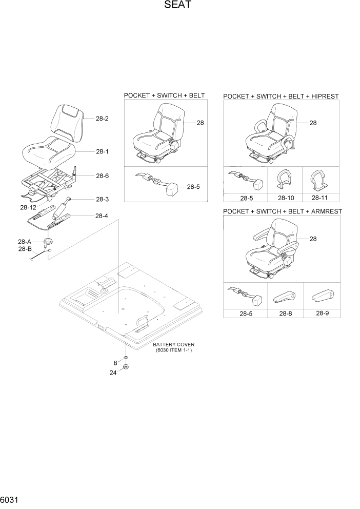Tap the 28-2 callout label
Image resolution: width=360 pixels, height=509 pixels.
pos(102,118)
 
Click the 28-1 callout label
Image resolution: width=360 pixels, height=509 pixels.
pos(102,152)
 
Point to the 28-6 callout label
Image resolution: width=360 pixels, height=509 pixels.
pos(102,175)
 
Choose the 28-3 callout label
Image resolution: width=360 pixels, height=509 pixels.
pos(102,199)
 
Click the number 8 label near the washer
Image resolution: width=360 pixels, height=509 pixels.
pos(115,363)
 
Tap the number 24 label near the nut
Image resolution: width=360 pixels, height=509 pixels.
pos(114,373)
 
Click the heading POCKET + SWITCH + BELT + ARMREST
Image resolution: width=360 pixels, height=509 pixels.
pos(283,211)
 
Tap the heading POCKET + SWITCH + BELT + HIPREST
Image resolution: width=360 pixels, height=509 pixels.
pos(281,96)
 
